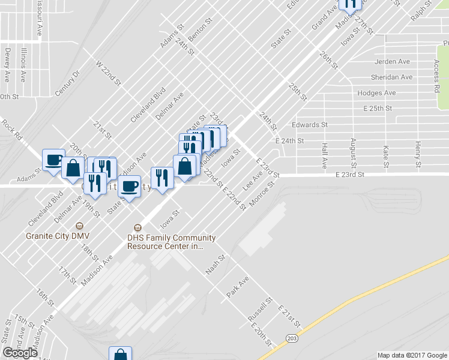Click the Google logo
(20, 353)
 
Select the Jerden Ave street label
(391, 62)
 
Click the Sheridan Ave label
(393, 77)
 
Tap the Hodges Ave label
(376, 93)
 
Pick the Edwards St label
(309, 125)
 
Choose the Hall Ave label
(324, 155)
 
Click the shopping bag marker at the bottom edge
(120, 354)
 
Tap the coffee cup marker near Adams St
(54, 160)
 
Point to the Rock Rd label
(11, 130)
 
